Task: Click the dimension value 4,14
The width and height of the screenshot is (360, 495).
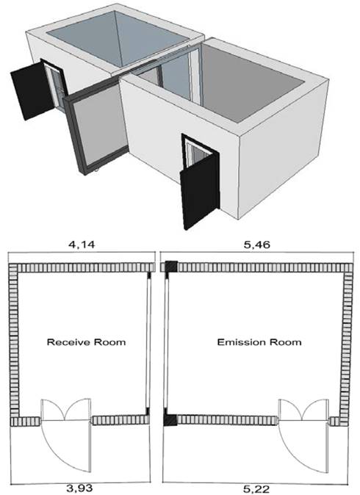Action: (x=82, y=245)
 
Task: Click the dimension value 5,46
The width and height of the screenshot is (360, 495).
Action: (x=256, y=245)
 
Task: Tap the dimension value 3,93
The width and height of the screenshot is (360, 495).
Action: (x=79, y=488)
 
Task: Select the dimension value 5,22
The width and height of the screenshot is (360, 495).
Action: (x=256, y=489)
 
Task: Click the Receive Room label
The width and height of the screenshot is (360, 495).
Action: (x=86, y=342)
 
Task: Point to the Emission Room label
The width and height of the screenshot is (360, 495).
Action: (x=259, y=342)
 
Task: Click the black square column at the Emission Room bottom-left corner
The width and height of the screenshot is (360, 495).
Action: (x=170, y=420)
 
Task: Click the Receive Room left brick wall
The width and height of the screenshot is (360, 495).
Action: (x=13, y=340)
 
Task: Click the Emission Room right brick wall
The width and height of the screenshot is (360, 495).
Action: (x=347, y=344)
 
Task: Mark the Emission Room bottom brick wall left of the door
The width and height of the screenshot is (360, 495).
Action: (x=226, y=420)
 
